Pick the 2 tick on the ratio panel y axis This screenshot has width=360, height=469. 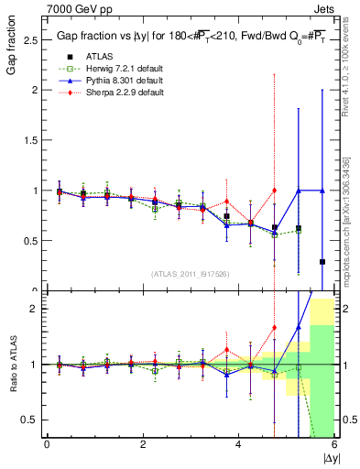[x=34, y=309]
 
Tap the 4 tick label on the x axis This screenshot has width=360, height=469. [x=239, y=444]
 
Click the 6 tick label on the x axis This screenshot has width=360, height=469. [x=334, y=444]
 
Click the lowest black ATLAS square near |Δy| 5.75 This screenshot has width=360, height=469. [x=322, y=262]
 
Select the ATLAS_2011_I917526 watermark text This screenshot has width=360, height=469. [x=190, y=274]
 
